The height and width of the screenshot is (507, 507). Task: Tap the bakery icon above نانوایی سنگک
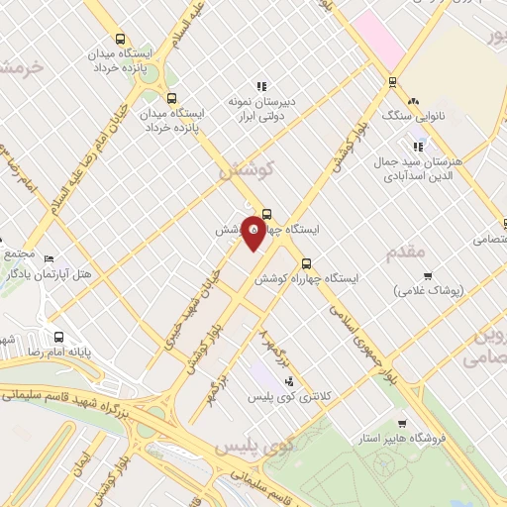point(413,101)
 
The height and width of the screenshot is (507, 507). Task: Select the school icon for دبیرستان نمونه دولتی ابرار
point(261,85)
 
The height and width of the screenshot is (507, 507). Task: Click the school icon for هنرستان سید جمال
point(418,148)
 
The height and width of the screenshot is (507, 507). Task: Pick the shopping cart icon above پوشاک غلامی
point(427,276)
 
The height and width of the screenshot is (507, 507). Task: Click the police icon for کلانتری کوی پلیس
point(288,381)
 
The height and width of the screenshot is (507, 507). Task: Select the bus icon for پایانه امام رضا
point(58,336)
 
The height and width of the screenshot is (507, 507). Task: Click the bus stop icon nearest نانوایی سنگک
point(393,82)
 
